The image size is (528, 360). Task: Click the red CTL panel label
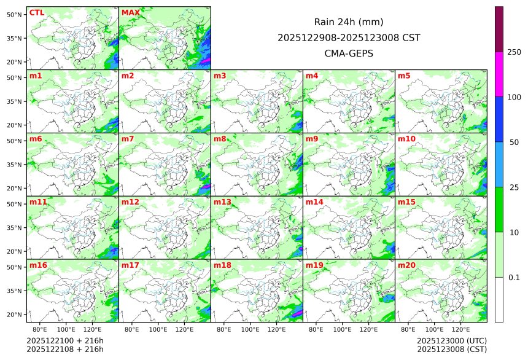click(37, 13)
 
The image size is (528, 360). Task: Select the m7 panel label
click(128, 139)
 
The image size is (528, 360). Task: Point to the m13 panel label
click(222, 202)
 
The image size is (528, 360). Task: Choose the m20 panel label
click(407, 265)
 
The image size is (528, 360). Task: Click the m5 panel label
click(405, 76)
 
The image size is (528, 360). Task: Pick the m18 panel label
click(222, 265)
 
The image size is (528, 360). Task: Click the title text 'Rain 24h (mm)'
click(349, 22)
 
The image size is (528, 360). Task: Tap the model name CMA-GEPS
click(349, 53)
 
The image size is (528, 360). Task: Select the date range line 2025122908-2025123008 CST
click(349, 37)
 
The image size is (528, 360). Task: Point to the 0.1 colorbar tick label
click(514, 278)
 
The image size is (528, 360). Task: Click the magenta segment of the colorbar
click(499, 74)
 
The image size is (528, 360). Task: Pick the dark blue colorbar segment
click(499, 119)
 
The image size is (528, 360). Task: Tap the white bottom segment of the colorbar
click(499, 300)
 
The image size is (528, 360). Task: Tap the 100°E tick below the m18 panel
click(250, 330)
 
